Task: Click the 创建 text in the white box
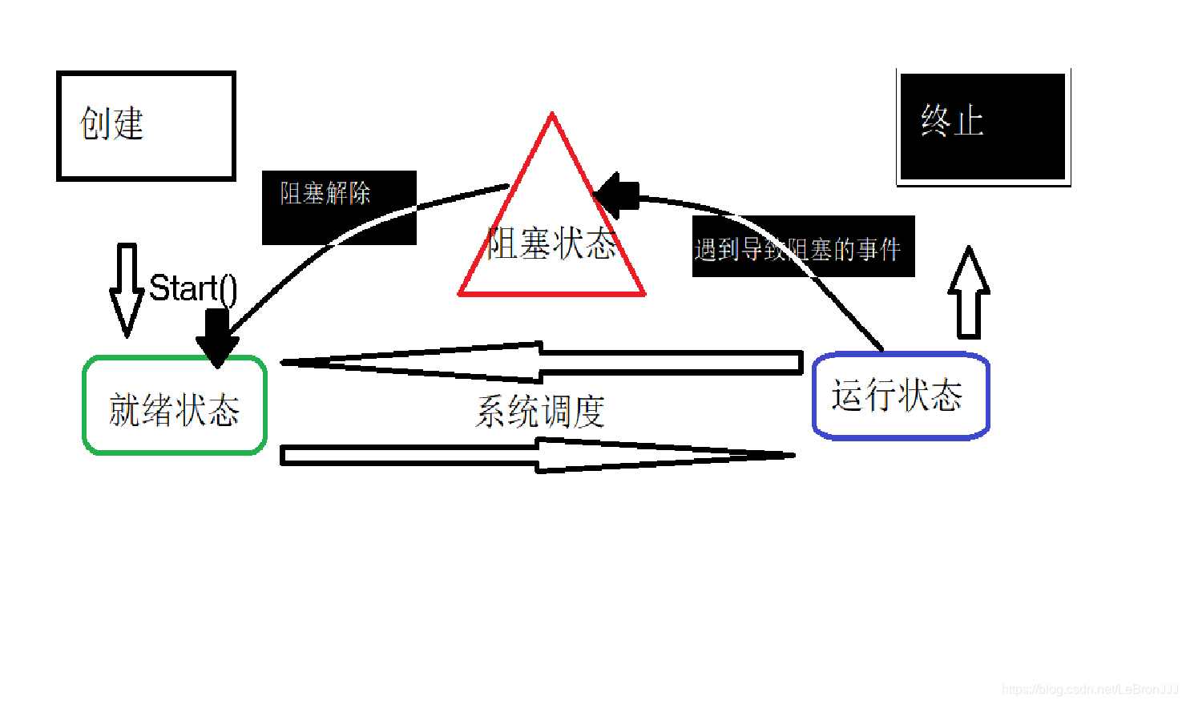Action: pos(111,124)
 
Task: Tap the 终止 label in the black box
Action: pos(952,122)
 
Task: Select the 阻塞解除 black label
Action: pos(325,193)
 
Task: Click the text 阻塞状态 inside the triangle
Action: pos(552,243)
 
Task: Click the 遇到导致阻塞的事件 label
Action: pos(798,250)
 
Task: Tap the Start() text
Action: pos(193,288)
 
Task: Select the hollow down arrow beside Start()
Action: pos(127,288)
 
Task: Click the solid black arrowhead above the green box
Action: pos(217,340)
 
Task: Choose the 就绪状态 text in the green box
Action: pos(175,410)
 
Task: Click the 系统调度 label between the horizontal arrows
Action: pos(540,412)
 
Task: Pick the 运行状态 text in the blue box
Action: pos(898,396)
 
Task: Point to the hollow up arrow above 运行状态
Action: pos(969,292)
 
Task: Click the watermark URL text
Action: pos(1090,689)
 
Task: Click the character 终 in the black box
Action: pos(935,122)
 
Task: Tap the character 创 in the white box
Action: pos(95,124)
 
